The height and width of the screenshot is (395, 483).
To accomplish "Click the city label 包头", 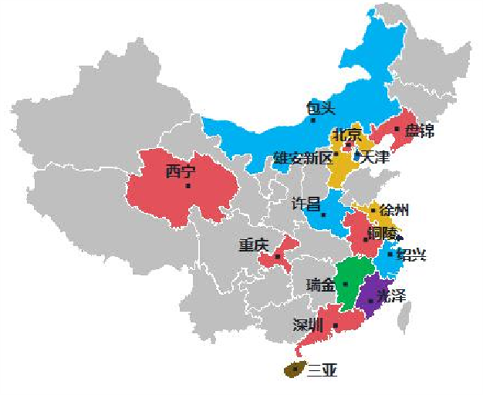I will point(320,108).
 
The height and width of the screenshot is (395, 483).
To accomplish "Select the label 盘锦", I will point(419,130).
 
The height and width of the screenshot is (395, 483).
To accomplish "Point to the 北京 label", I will point(347,134).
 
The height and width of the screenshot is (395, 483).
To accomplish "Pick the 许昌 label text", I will point(305,204).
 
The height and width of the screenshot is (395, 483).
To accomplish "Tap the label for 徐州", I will point(393,210).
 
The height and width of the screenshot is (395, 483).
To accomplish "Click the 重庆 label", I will point(253,245).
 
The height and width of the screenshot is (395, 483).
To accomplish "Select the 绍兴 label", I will point(411,255).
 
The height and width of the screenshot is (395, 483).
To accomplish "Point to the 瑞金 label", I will point(320,285).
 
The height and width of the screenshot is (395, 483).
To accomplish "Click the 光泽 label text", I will point(390,296).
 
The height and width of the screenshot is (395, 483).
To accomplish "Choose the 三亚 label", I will point(322,370).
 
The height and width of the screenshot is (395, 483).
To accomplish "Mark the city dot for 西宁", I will point(188,186).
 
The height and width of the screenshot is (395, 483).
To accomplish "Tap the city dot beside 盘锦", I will point(397,129).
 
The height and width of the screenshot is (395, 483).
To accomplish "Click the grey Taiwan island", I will point(404,317).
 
